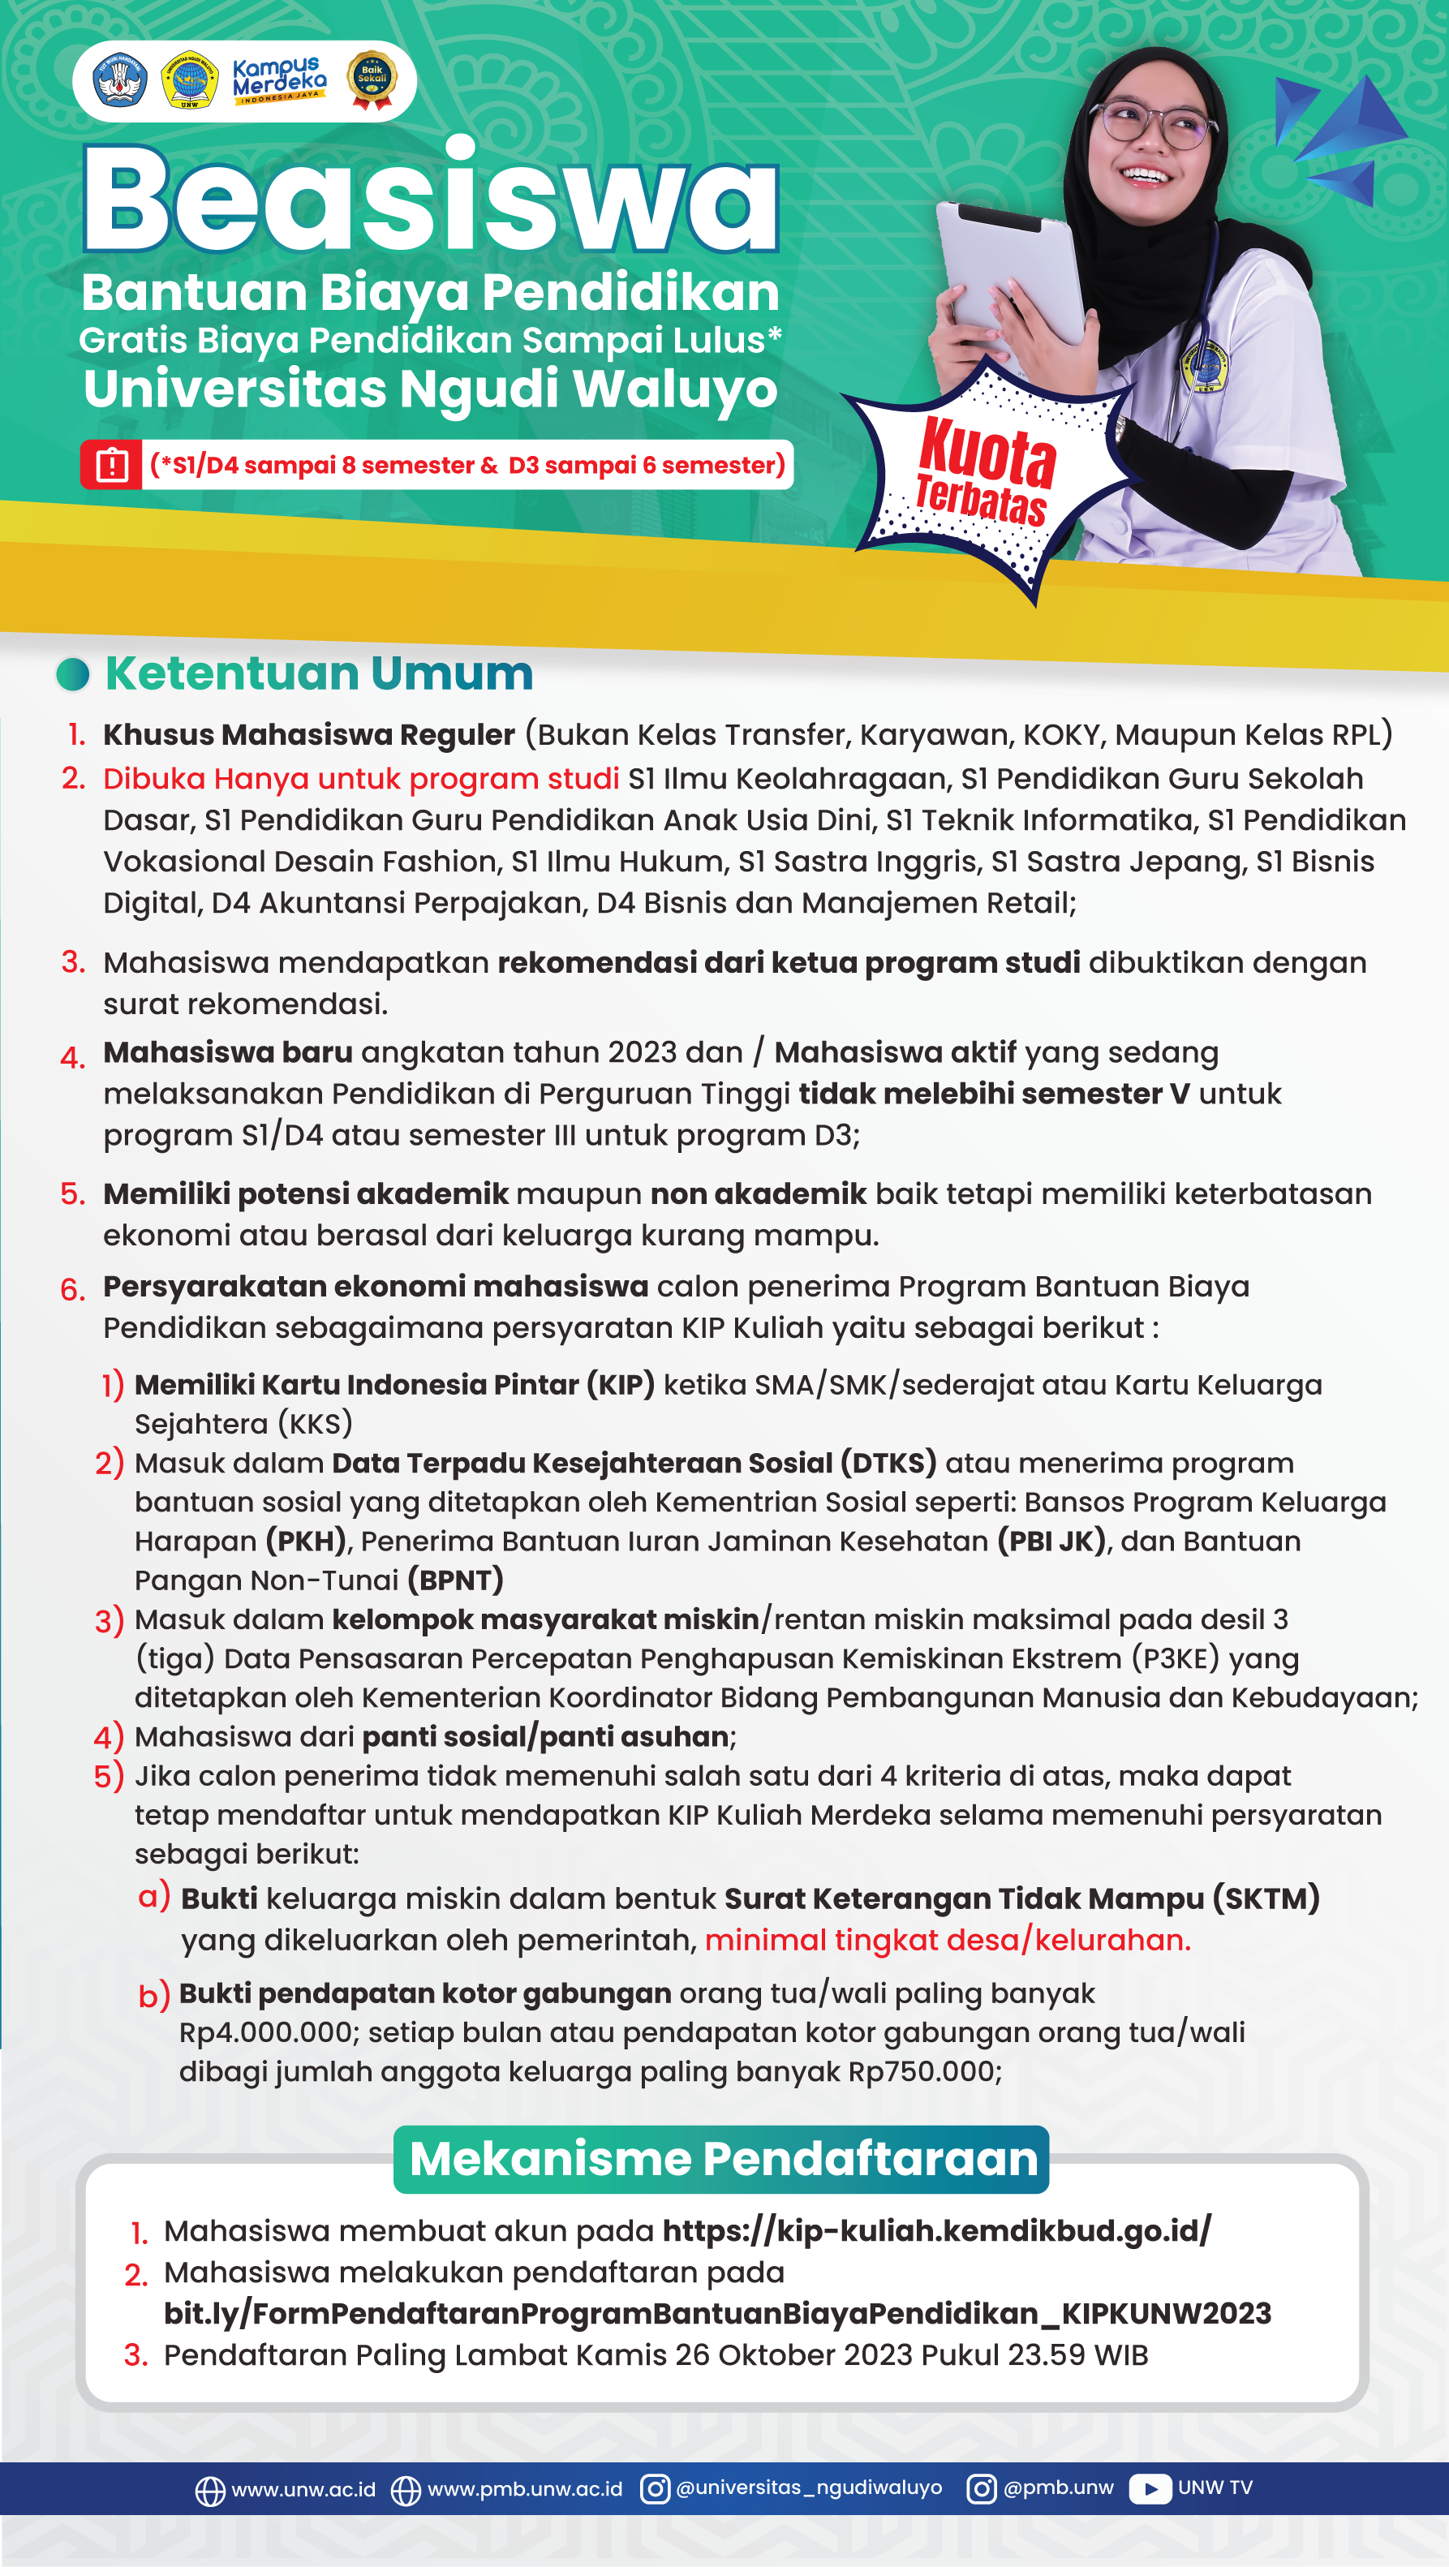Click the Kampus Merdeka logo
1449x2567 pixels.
point(279,80)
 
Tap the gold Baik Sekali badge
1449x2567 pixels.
point(372,79)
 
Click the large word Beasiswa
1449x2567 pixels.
point(431,200)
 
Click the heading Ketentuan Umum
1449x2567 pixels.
point(319,673)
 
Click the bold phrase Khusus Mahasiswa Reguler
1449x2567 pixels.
point(309,734)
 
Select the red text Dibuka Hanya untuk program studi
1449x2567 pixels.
point(361,778)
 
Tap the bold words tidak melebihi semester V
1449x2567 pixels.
point(994,1093)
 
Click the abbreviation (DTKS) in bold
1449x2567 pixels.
point(888,1463)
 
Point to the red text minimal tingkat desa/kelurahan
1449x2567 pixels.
point(947,1940)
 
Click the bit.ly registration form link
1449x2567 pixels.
point(716,2313)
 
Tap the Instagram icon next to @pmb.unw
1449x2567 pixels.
point(981,2489)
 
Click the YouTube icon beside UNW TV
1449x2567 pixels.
point(1150,2489)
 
